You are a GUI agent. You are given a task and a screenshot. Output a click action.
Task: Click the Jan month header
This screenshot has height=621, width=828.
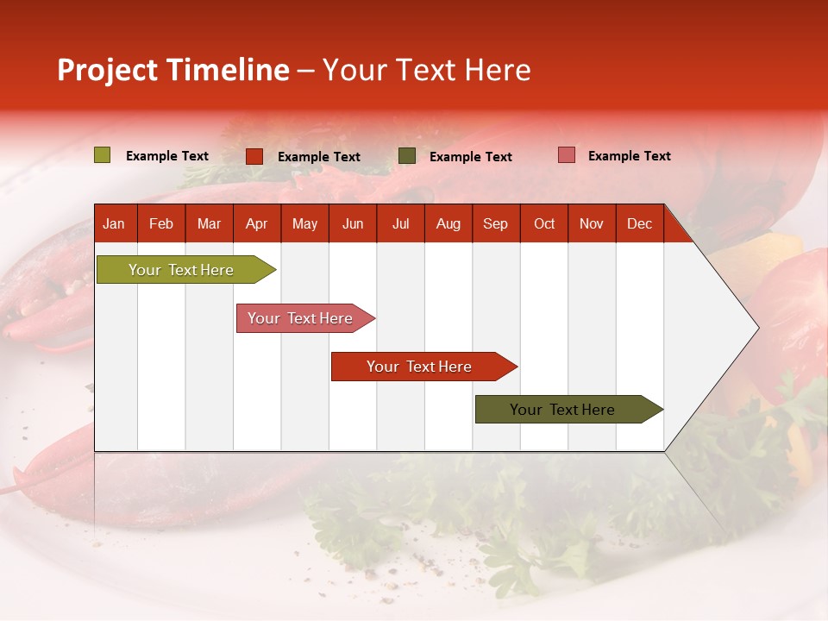click(114, 224)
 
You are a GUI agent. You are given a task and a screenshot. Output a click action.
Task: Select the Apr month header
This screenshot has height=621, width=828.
click(256, 224)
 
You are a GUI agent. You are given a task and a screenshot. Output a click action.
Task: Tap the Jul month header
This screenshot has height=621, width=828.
click(400, 224)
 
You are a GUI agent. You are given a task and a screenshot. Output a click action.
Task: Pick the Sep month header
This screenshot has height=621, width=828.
click(495, 224)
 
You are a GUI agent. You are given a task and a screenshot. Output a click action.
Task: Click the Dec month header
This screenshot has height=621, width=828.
click(639, 224)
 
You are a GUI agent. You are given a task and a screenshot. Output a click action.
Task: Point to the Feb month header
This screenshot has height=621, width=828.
click(161, 224)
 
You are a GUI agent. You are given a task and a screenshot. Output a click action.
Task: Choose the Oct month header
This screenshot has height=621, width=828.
click(544, 224)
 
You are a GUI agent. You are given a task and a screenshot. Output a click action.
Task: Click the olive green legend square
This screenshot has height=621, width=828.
click(103, 155)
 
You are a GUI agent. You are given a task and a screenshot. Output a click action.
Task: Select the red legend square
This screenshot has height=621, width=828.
click(254, 156)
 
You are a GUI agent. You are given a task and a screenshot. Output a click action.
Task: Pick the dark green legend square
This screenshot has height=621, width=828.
click(407, 156)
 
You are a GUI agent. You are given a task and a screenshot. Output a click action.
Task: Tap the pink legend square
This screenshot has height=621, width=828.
click(567, 155)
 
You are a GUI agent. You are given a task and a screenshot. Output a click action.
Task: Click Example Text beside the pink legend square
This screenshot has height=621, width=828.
click(629, 156)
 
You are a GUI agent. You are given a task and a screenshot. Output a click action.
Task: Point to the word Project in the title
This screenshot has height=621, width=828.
click(108, 70)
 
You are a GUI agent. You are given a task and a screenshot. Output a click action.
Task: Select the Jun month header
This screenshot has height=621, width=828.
click(353, 224)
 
